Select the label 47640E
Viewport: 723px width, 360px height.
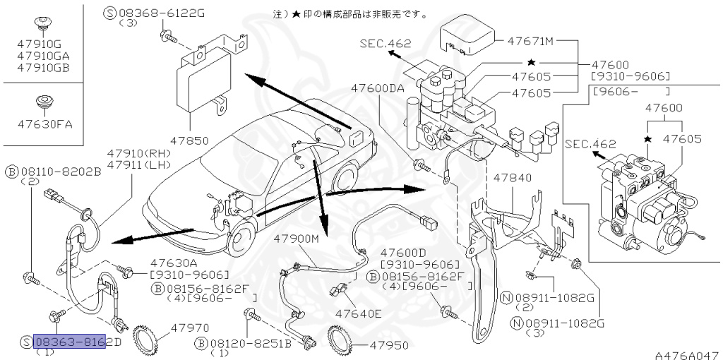358,313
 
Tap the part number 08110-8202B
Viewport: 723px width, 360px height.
59,171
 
